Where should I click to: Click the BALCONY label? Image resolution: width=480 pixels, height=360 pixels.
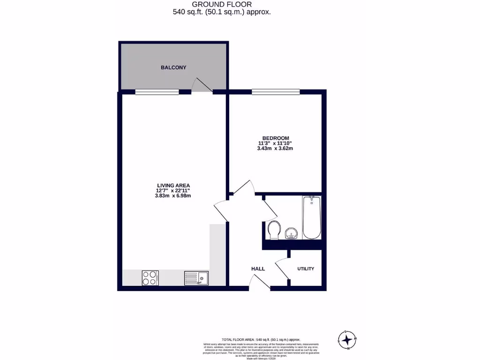pos(173,67)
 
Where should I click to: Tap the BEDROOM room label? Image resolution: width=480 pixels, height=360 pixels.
pos(276,137)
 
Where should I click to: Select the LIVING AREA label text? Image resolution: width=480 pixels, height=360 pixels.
pos(173,185)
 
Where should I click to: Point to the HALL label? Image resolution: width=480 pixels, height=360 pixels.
pos(258,269)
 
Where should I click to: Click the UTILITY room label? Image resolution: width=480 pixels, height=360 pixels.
pos(306,269)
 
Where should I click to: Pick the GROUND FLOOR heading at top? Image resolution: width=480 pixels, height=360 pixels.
pos(222,4)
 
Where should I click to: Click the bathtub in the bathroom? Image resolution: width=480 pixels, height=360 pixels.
pos(311,217)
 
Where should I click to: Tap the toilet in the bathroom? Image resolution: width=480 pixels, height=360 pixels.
pos(275,230)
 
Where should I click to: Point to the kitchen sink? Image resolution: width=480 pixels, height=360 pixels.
pos(196,278)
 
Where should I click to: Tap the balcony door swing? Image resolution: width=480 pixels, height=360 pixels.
pos(202,85)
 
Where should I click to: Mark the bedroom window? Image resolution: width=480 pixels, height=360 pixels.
pos(276,91)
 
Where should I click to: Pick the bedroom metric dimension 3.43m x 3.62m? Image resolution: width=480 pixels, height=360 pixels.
pos(276,149)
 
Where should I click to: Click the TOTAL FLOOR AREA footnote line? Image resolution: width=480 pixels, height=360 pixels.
pos(261,339)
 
